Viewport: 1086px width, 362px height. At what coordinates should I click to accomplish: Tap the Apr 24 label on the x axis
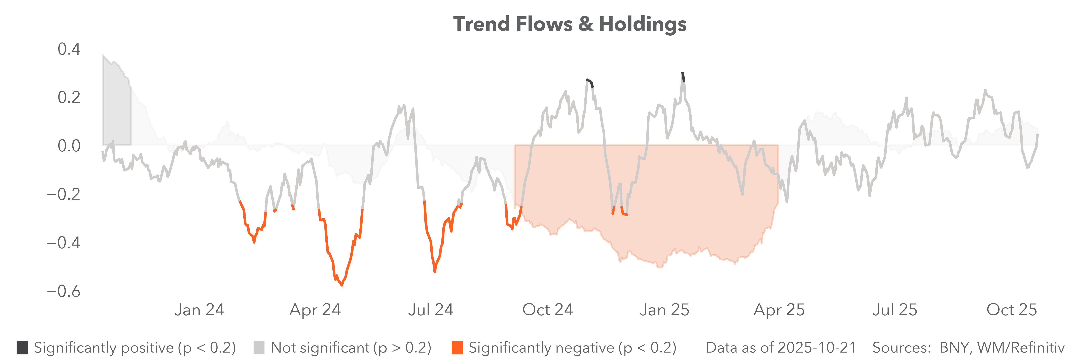click(315, 310)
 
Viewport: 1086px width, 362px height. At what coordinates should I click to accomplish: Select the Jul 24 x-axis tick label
click(430, 310)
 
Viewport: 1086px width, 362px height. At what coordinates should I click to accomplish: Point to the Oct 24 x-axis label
click(548, 310)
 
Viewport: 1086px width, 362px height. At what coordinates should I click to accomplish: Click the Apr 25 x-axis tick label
click(779, 310)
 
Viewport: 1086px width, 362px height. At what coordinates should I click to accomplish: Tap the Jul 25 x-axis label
click(895, 310)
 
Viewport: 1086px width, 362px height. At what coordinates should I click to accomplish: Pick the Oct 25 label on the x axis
click(1011, 310)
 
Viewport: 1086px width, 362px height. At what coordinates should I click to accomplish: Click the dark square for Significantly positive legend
click(22, 348)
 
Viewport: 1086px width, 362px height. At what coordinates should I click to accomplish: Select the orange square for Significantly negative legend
click(457, 348)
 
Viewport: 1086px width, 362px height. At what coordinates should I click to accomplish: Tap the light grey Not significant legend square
click(259, 348)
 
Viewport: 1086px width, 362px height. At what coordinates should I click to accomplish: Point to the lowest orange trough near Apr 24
click(341, 285)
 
